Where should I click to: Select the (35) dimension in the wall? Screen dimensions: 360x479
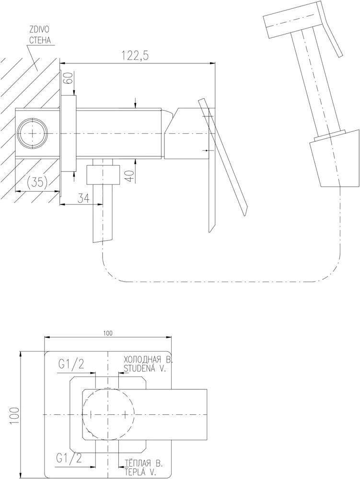click(x=37, y=182)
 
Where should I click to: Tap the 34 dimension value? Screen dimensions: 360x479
click(x=83, y=199)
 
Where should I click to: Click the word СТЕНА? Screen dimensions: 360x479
click(x=40, y=40)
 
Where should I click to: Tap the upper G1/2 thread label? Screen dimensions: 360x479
click(x=70, y=365)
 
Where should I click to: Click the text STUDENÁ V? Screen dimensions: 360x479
click(x=144, y=369)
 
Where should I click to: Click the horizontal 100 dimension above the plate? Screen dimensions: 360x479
click(x=108, y=333)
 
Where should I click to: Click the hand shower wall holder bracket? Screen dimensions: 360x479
click(x=335, y=160)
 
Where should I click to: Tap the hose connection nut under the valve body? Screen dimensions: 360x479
click(x=103, y=175)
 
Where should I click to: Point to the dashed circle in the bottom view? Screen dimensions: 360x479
click(x=108, y=414)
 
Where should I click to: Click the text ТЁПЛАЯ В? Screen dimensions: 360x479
click(x=143, y=464)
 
